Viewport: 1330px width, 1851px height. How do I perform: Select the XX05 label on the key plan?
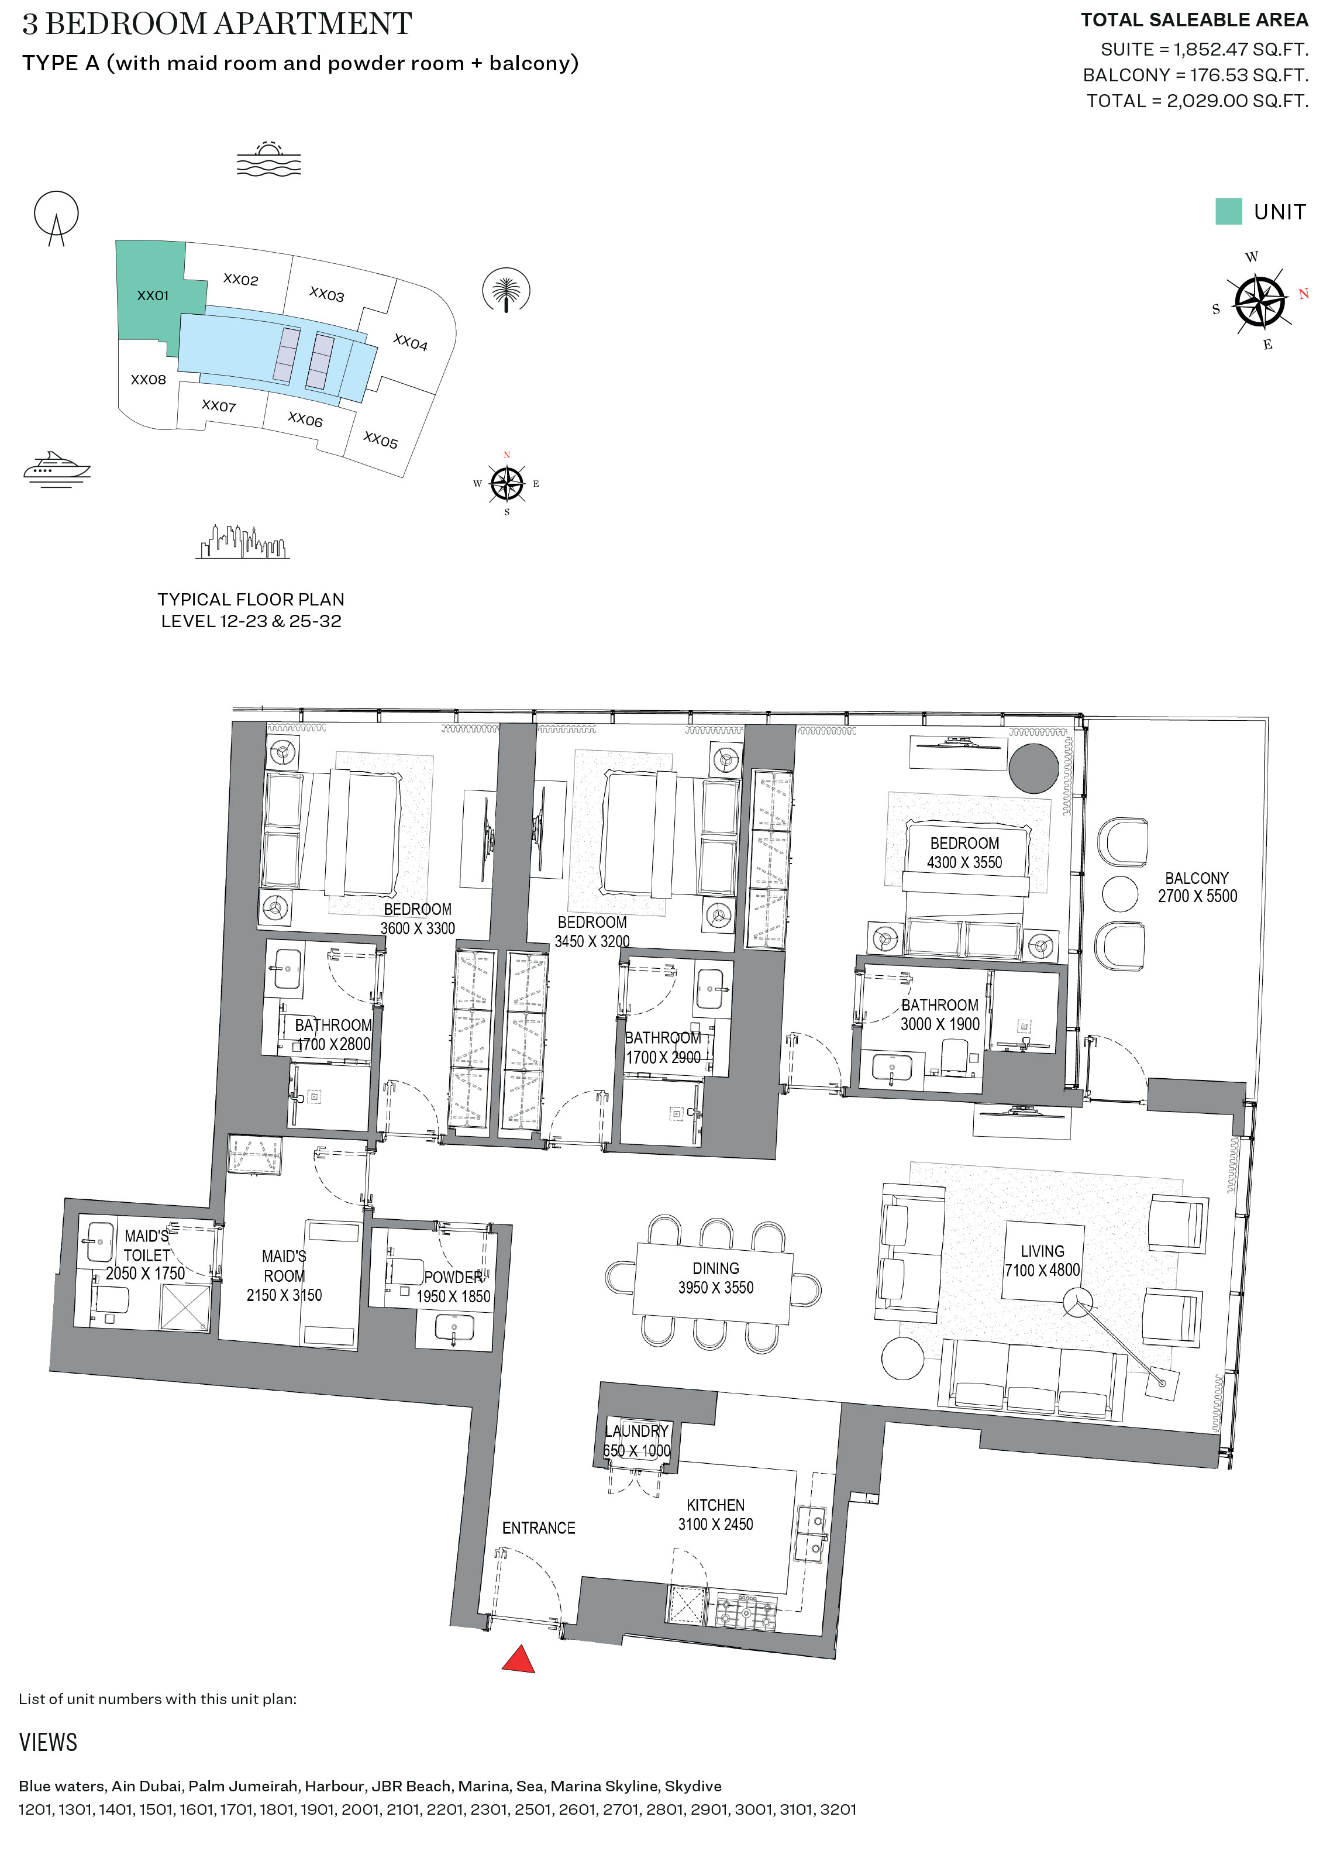pos(380,441)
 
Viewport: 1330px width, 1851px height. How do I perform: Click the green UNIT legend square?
pos(1228,211)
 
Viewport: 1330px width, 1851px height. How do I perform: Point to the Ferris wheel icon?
pos(56,217)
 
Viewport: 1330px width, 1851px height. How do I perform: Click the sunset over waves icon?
pos(268,159)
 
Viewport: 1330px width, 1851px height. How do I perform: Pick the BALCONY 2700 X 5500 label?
pos(1196,887)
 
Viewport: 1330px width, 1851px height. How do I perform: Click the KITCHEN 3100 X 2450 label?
pos(715,1515)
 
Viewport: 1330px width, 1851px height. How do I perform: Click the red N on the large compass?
pos(1303,294)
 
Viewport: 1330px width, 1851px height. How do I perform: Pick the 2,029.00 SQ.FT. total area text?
pos(1237,101)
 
